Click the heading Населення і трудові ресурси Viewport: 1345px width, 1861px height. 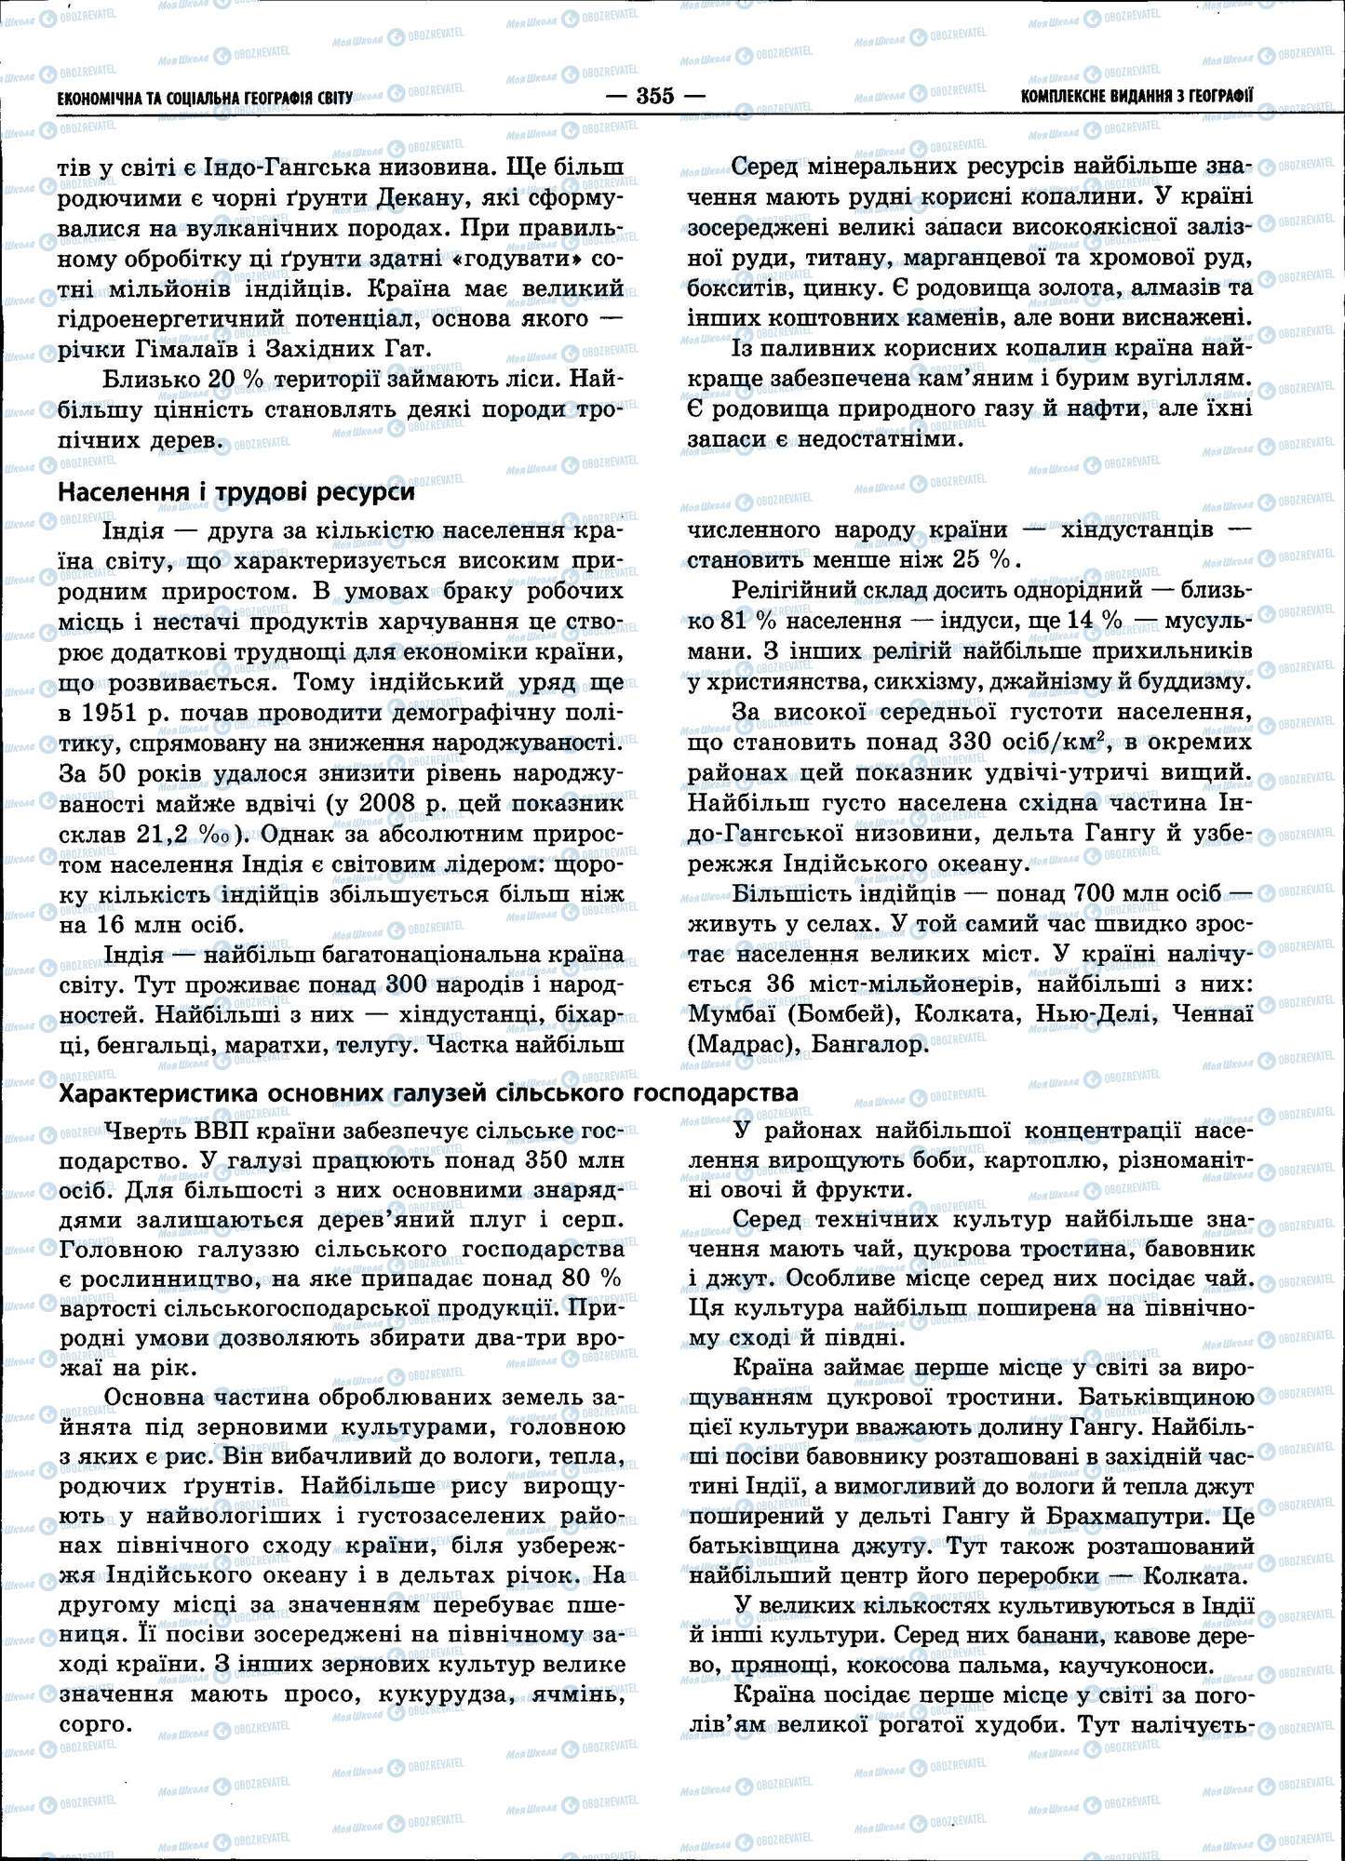tap(236, 493)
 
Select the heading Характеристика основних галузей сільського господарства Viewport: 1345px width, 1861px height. tap(428, 1091)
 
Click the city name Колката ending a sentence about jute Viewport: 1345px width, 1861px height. tap(1193, 1577)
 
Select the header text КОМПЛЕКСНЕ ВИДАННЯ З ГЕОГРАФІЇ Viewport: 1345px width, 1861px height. tap(1136, 96)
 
